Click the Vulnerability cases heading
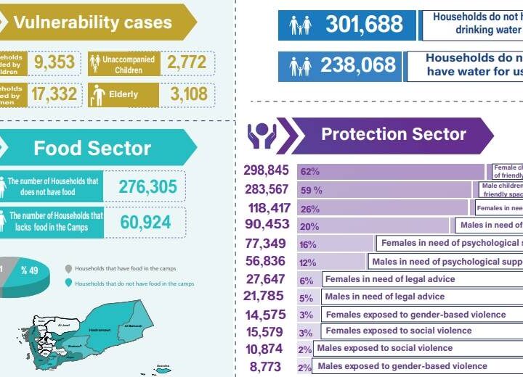(x=92, y=22)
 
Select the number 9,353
(x=54, y=63)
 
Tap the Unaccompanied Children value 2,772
(x=187, y=63)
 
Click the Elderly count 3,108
(x=187, y=94)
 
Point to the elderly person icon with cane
(x=98, y=94)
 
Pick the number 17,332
(x=54, y=94)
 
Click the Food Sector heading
(x=92, y=148)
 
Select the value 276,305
(x=148, y=186)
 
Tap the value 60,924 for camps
(x=148, y=222)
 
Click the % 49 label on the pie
(x=29, y=270)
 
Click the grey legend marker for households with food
(x=68, y=268)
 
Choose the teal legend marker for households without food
(x=68, y=283)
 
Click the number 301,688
(x=363, y=25)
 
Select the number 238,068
(x=358, y=66)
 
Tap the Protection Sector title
(x=394, y=134)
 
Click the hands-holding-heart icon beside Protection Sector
(x=261, y=135)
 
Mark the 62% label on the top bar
(x=310, y=172)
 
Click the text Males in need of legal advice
(x=384, y=297)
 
